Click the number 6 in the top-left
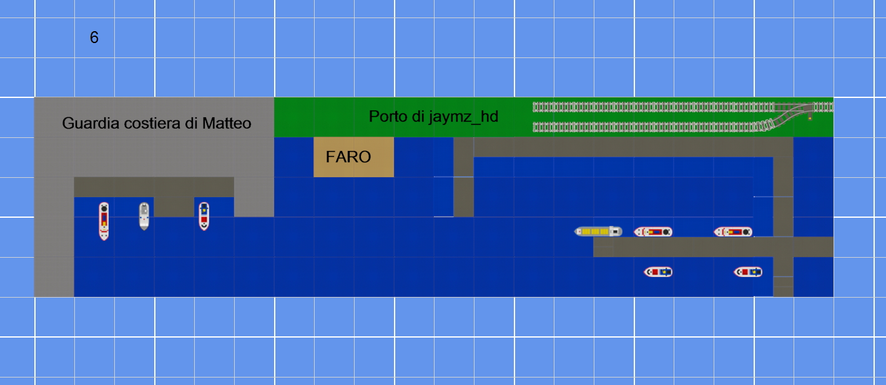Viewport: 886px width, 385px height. pyautogui.click(x=94, y=37)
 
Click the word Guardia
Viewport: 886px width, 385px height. pyautogui.click(x=91, y=124)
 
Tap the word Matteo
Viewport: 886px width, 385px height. pyautogui.click(x=227, y=124)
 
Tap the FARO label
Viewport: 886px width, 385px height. pyautogui.click(x=348, y=157)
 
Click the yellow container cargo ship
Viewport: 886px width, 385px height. pyautogui.click(x=598, y=231)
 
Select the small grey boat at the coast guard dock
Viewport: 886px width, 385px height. pyautogui.click(x=144, y=216)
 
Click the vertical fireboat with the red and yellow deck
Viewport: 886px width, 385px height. pyautogui.click(x=104, y=222)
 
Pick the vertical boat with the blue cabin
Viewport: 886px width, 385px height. pyautogui.click(x=204, y=216)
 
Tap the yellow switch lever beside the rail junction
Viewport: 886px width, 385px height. pyautogui.click(x=810, y=118)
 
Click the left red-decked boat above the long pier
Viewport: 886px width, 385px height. pyautogui.click(x=653, y=231)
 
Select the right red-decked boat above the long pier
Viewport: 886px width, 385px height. pyautogui.click(x=733, y=231)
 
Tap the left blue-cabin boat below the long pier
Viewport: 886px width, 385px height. pyautogui.click(x=658, y=272)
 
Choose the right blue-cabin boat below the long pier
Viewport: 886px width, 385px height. pyautogui.click(x=748, y=272)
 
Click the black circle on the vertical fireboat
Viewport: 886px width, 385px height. pyautogui.click(x=104, y=208)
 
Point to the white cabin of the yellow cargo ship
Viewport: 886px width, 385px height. pyautogui.click(x=614, y=231)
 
